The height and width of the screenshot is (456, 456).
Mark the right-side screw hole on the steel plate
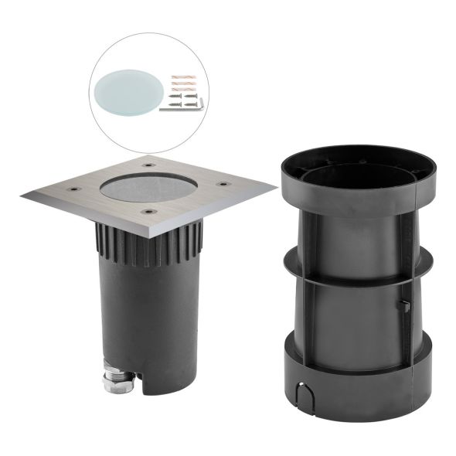224,183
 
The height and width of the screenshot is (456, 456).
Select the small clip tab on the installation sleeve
403,306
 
